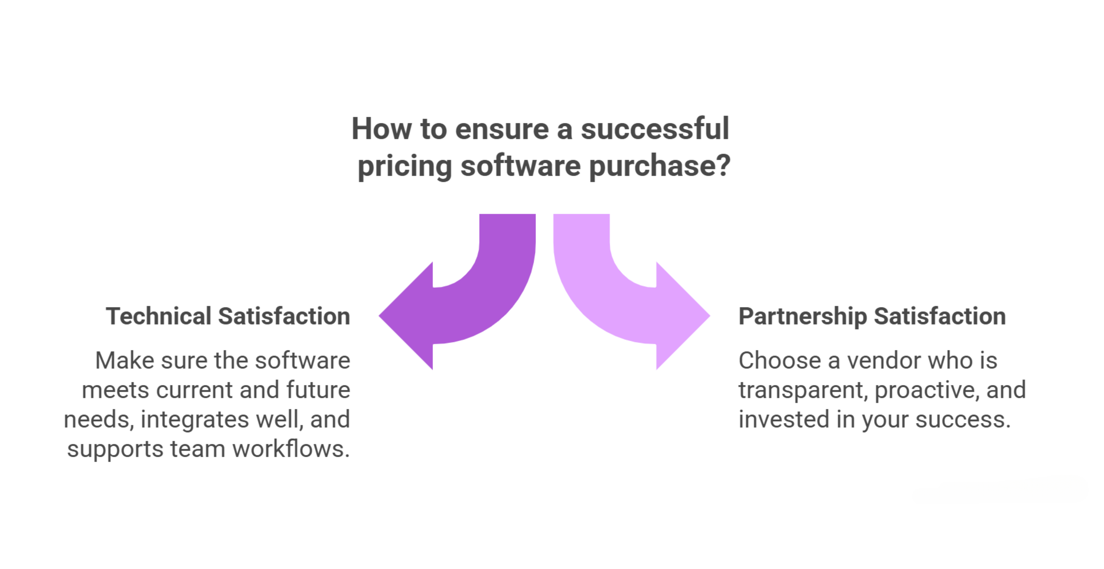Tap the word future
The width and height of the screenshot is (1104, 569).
click(x=318, y=390)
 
